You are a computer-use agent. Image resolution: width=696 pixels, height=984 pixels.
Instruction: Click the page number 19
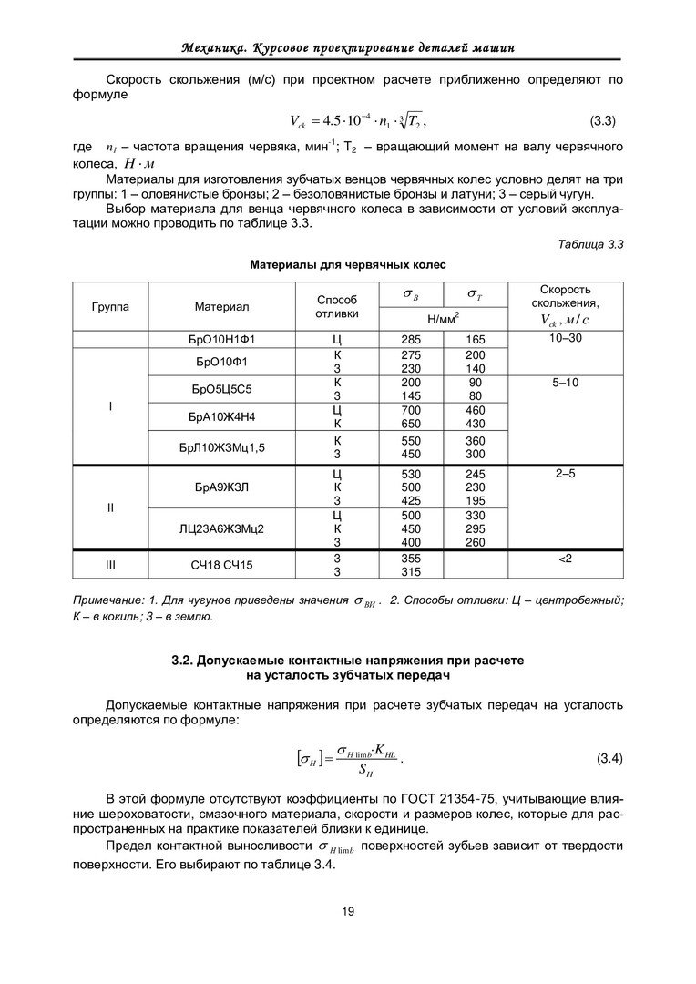[x=348, y=911]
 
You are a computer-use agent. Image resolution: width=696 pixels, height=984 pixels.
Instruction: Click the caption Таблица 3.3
[x=589, y=243]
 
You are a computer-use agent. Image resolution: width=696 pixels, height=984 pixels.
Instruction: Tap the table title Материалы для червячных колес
[x=348, y=266]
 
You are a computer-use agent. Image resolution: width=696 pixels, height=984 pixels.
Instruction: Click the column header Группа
[x=110, y=306]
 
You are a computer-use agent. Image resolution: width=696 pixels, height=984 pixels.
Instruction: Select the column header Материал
[x=221, y=306]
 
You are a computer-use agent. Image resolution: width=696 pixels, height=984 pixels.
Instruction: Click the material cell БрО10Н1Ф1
[x=221, y=339]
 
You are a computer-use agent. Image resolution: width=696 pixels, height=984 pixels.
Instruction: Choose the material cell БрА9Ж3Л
[x=221, y=487]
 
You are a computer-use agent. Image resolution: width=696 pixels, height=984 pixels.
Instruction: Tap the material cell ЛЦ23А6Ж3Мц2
[x=221, y=528]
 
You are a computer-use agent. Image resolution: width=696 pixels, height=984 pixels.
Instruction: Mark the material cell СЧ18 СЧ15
[x=221, y=566]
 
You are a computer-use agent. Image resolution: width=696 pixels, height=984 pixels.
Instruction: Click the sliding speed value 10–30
[x=565, y=339]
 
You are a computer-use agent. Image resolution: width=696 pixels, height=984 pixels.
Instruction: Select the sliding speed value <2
[x=565, y=558]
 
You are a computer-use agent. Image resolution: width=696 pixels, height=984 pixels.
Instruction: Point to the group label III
[x=110, y=566]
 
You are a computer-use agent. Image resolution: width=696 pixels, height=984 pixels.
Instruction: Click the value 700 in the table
[x=411, y=411]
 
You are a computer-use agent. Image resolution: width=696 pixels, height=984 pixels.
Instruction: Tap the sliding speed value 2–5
[x=565, y=475]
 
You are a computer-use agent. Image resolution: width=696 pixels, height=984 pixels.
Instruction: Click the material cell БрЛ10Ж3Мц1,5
[x=221, y=446]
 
